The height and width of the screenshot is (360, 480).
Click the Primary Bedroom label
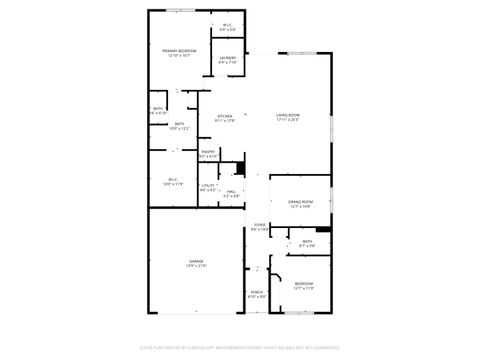(180, 50)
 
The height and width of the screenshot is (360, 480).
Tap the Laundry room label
(228, 59)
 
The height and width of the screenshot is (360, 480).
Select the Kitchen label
(225, 116)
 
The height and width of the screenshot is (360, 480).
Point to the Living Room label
(288, 116)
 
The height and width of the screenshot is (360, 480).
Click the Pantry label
(208, 152)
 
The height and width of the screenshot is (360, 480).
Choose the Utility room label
(208, 185)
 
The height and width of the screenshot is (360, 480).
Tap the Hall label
(231, 191)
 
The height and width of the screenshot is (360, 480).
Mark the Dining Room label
(301, 202)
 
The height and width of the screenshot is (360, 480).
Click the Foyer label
(259, 225)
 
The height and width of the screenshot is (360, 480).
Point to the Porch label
(257, 291)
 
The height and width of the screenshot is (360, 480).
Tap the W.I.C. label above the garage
(173, 179)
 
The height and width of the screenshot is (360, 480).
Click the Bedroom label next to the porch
(303, 284)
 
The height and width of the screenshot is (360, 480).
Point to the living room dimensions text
(288, 121)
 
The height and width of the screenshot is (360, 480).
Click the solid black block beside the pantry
(239, 167)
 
